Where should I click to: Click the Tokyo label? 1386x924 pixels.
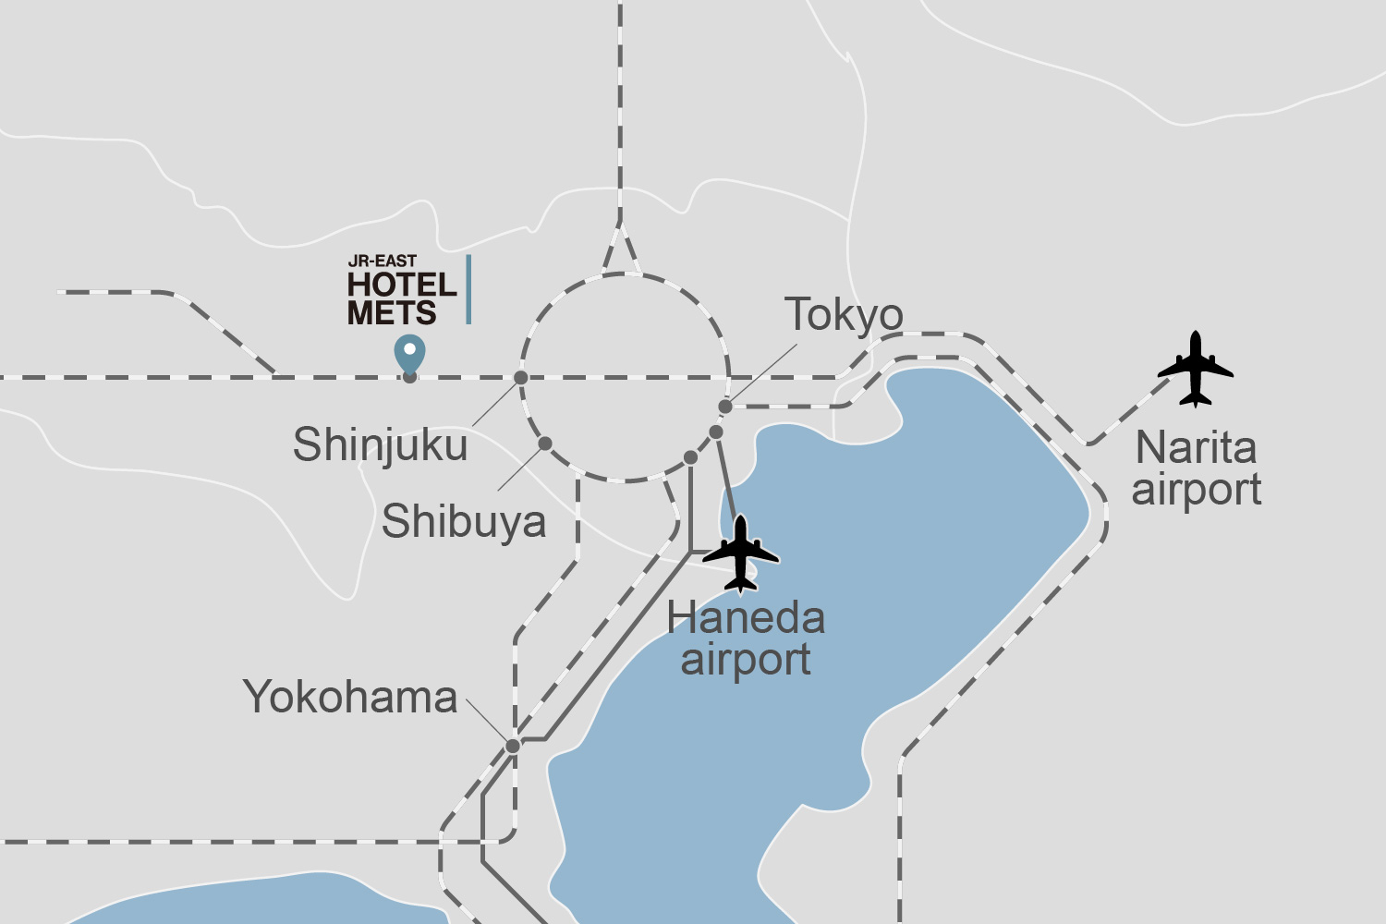[844, 316]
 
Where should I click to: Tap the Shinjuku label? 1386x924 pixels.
[380, 445]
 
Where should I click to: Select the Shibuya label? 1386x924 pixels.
[464, 521]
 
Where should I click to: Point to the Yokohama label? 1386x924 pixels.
[350, 697]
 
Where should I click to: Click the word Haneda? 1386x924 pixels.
[746, 618]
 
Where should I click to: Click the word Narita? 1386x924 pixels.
[1196, 448]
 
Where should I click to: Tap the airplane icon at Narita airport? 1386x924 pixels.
[1196, 369]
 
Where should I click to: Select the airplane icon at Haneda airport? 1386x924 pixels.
[741, 553]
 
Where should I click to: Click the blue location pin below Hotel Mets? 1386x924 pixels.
[409, 352]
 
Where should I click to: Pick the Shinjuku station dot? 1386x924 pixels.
[521, 377]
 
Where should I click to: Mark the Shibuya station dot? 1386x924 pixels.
[545, 444]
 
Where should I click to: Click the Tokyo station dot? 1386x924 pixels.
[725, 407]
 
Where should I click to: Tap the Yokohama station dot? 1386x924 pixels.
[513, 746]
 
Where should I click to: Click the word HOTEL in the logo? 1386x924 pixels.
[402, 285]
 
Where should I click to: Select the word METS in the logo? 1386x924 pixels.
[392, 313]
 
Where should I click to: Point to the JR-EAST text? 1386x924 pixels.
[383, 261]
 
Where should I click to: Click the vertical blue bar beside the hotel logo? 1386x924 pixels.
[468, 289]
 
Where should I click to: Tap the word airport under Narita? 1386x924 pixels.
[1197, 490]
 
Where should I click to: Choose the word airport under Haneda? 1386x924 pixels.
[746, 660]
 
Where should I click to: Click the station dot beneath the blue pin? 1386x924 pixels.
[409, 376]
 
